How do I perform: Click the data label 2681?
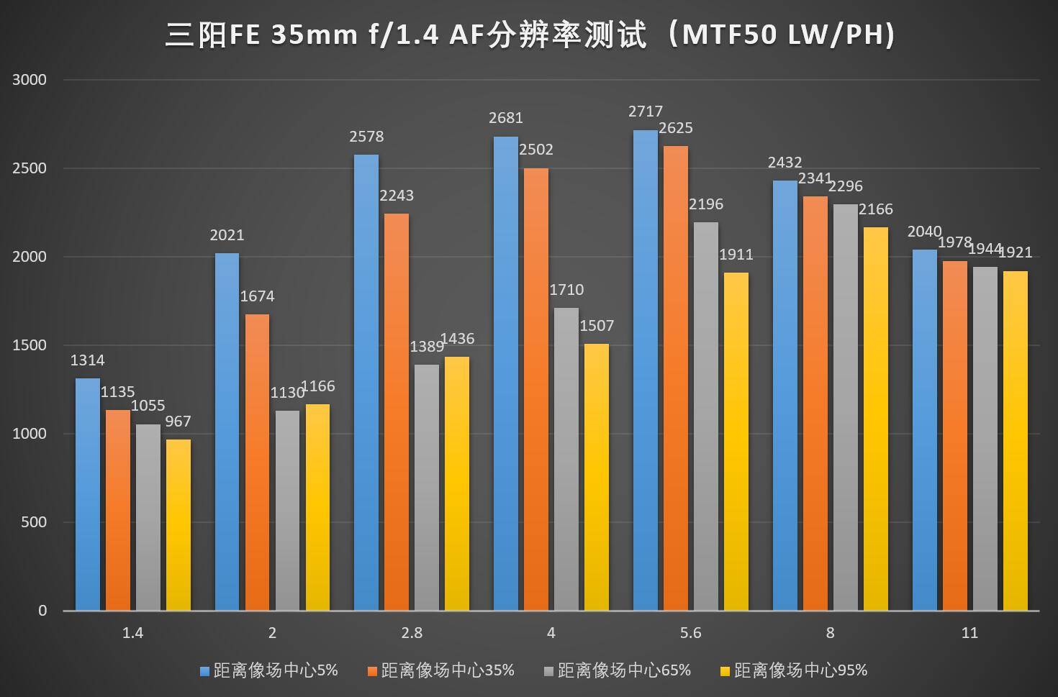(x=506, y=118)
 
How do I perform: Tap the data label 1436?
(x=457, y=339)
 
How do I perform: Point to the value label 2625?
(x=676, y=128)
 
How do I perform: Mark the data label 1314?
(x=87, y=360)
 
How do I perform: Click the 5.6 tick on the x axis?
(x=690, y=633)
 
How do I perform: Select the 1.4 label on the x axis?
(x=132, y=633)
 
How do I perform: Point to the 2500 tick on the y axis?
(x=29, y=168)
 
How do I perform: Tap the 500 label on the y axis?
(x=33, y=522)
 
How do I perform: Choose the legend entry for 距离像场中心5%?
(x=268, y=670)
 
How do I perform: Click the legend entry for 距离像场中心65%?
(x=617, y=670)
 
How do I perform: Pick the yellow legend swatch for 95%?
(x=725, y=671)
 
